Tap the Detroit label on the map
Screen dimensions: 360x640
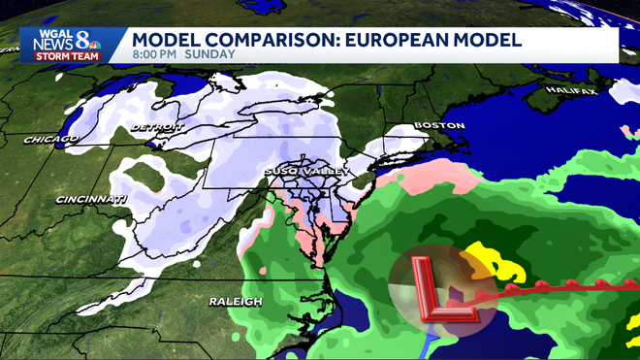click(x=156, y=127)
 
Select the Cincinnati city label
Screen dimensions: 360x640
click(x=91, y=200)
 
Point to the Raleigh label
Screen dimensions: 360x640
click(x=236, y=302)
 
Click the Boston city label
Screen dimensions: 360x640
click(x=439, y=126)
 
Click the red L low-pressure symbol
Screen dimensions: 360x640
click(x=441, y=288)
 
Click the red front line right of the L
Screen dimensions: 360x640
click(x=562, y=287)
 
